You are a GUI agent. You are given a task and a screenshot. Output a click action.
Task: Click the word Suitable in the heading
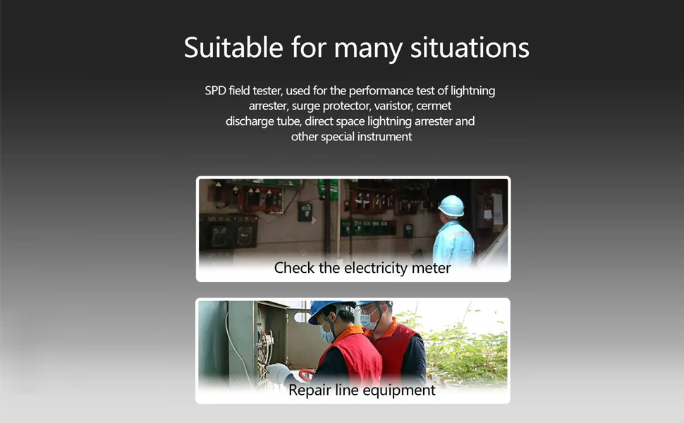[x=233, y=47]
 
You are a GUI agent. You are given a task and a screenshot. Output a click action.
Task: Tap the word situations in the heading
[x=470, y=47]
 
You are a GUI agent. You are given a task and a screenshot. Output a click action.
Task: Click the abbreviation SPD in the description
[x=216, y=91]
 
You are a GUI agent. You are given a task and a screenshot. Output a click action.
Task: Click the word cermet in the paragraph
[x=434, y=106]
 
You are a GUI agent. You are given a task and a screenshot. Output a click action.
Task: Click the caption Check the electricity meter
[x=362, y=268]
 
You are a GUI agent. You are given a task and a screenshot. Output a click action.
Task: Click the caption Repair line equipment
[x=362, y=390]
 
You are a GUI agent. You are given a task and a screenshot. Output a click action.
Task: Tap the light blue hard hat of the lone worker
[x=451, y=206]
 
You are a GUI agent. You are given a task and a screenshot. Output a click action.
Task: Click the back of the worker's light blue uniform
[x=453, y=242]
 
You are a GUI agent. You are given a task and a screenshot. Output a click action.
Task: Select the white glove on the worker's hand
[x=278, y=373]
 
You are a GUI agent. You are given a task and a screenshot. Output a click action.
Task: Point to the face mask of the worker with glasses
[x=369, y=321]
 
